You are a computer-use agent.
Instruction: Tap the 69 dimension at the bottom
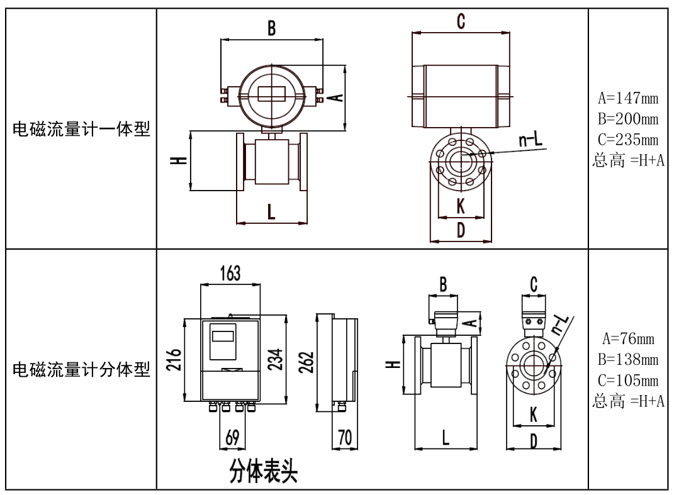tap(232, 440)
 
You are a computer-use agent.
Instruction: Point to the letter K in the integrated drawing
tap(461, 206)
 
